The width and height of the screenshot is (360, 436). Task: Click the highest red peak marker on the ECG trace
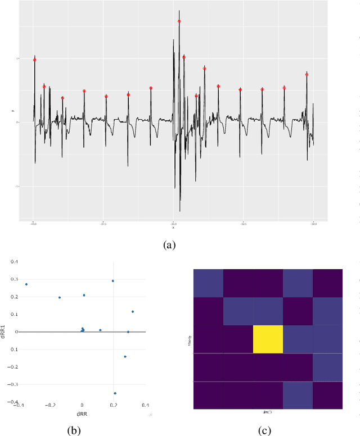tap(179, 21)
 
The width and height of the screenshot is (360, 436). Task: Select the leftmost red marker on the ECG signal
tap(34, 60)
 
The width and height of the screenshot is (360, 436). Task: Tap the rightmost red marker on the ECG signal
tap(307, 74)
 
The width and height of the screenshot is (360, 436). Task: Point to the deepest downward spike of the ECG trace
tap(180, 210)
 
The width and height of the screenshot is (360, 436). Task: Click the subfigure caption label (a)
tap(169, 244)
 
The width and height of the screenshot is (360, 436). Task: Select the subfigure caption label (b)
tap(74, 431)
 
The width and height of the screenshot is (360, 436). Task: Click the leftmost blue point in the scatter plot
tap(26, 284)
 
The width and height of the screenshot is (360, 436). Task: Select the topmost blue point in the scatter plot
tap(112, 281)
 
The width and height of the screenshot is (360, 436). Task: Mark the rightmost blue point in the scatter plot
tap(133, 311)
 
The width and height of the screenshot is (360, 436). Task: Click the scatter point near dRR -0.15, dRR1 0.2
tap(60, 297)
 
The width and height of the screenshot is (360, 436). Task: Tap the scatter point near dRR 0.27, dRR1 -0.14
tap(125, 356)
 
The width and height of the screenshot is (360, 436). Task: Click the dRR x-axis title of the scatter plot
tap(82, 414)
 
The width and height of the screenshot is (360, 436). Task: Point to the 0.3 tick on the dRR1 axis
tap(15, 279)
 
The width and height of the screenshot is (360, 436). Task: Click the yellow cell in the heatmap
tap(268, 339)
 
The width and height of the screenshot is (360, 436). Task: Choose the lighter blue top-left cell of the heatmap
tap(208, 283)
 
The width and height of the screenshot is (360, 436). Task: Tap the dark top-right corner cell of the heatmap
tap(327, 283)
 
